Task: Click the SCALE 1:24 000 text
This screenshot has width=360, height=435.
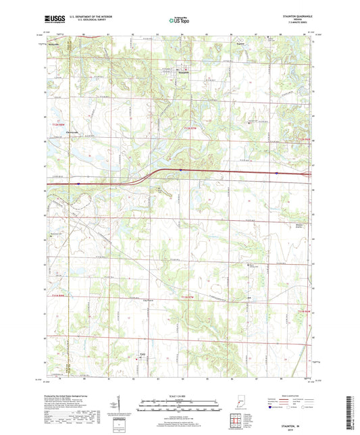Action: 180,394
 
